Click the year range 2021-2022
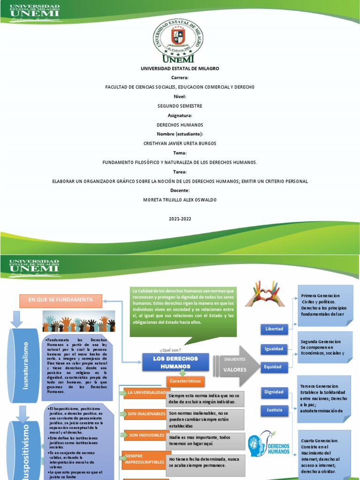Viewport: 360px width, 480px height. pyautogui.click(x=180, y=218)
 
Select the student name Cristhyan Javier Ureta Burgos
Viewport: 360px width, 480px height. pyautogui.click(x=180, y=143)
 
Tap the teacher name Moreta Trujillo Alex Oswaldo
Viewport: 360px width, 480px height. pyautogui.click(x=180, y=200)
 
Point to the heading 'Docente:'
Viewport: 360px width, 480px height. pyautogui.click(x=180, y=190)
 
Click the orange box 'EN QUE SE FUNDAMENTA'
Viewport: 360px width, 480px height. pyautogui.click(x=60, y=300)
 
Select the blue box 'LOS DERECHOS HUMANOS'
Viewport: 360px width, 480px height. pyautogui.click(x=169, y=362)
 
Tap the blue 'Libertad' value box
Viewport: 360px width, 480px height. pyautogui.click(x=274, y=329)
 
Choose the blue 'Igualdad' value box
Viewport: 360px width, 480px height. pyautogui.click(x=274, y=348)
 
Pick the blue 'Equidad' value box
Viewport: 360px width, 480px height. pyautogui.click(x=274, y=367)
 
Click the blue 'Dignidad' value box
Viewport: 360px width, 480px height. pyautogui.click(x=274, y=392)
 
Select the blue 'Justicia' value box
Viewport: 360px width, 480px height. pyautogui.click(x=274, y=410)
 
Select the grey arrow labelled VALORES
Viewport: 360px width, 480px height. pyautogui.click(x=237, y=366)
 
